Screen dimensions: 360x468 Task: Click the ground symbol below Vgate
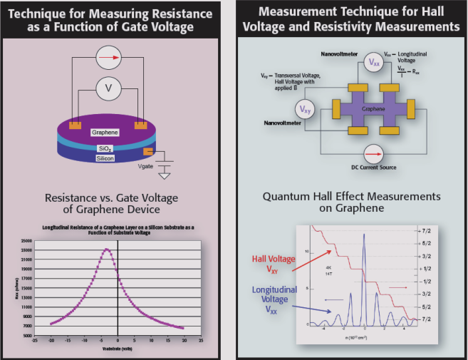pyautogui.click(x=165, y=175)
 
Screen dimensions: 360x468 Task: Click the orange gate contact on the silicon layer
pyautogui.click(x=147, y=151)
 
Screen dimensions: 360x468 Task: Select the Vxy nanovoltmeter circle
pyautogui.click(x=303, y=110)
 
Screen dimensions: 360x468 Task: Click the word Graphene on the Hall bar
pyautogui.click(x=373, y=110)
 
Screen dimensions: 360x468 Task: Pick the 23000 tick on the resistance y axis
pyautogui.click(x=25, y=250)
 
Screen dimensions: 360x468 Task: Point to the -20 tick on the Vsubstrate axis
pyautogui.click(x=50, y=341)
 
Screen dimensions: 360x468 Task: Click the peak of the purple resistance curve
pyautogui.click(x=106, y=249)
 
